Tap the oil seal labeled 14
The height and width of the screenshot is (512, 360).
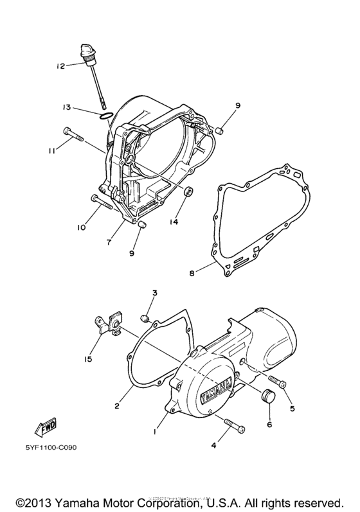point(188,192)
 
